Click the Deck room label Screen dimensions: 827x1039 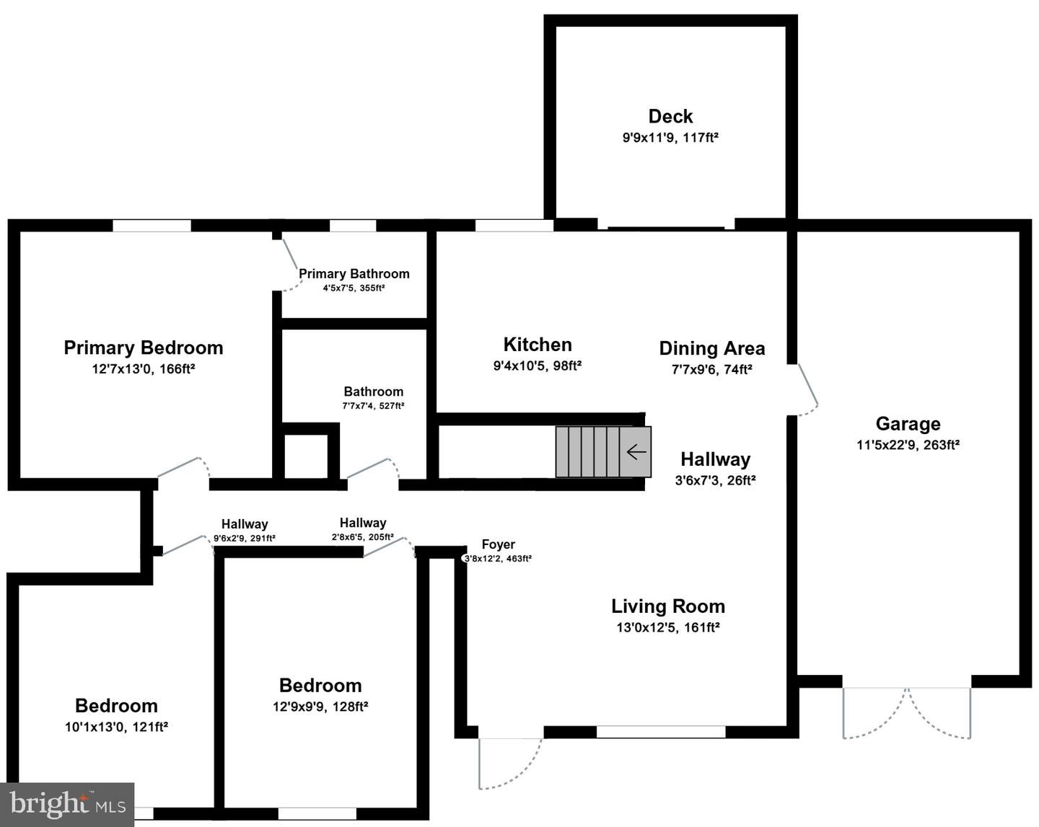(x=670, y=116)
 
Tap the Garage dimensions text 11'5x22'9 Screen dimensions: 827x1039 (x=908, y=445)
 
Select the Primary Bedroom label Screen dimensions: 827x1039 (x=143, y=348)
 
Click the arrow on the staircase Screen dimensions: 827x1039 (x=636, y=452)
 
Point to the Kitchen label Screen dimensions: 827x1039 (x=538, y=345)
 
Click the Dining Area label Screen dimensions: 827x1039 (x=711, y=348)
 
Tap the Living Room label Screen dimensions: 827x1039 (x=668, y=606)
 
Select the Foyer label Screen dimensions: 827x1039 (x=498, y=544)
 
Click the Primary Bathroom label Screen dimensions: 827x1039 (x=354, y=274)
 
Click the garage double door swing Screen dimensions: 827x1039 (x=907, y=714)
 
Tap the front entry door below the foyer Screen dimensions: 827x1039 (x=509, y=763)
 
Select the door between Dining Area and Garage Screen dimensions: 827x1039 (x=807, y=389)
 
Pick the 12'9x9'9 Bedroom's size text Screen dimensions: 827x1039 (x=320, y=707)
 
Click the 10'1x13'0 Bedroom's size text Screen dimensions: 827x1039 (x=116, y=727)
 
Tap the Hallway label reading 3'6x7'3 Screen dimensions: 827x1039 (x=715, y=459)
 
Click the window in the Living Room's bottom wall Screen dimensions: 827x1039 (x=660, y=732)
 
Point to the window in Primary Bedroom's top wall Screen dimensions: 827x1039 (x=152, y=226)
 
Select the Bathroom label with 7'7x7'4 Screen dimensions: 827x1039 (x=373, y=392)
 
